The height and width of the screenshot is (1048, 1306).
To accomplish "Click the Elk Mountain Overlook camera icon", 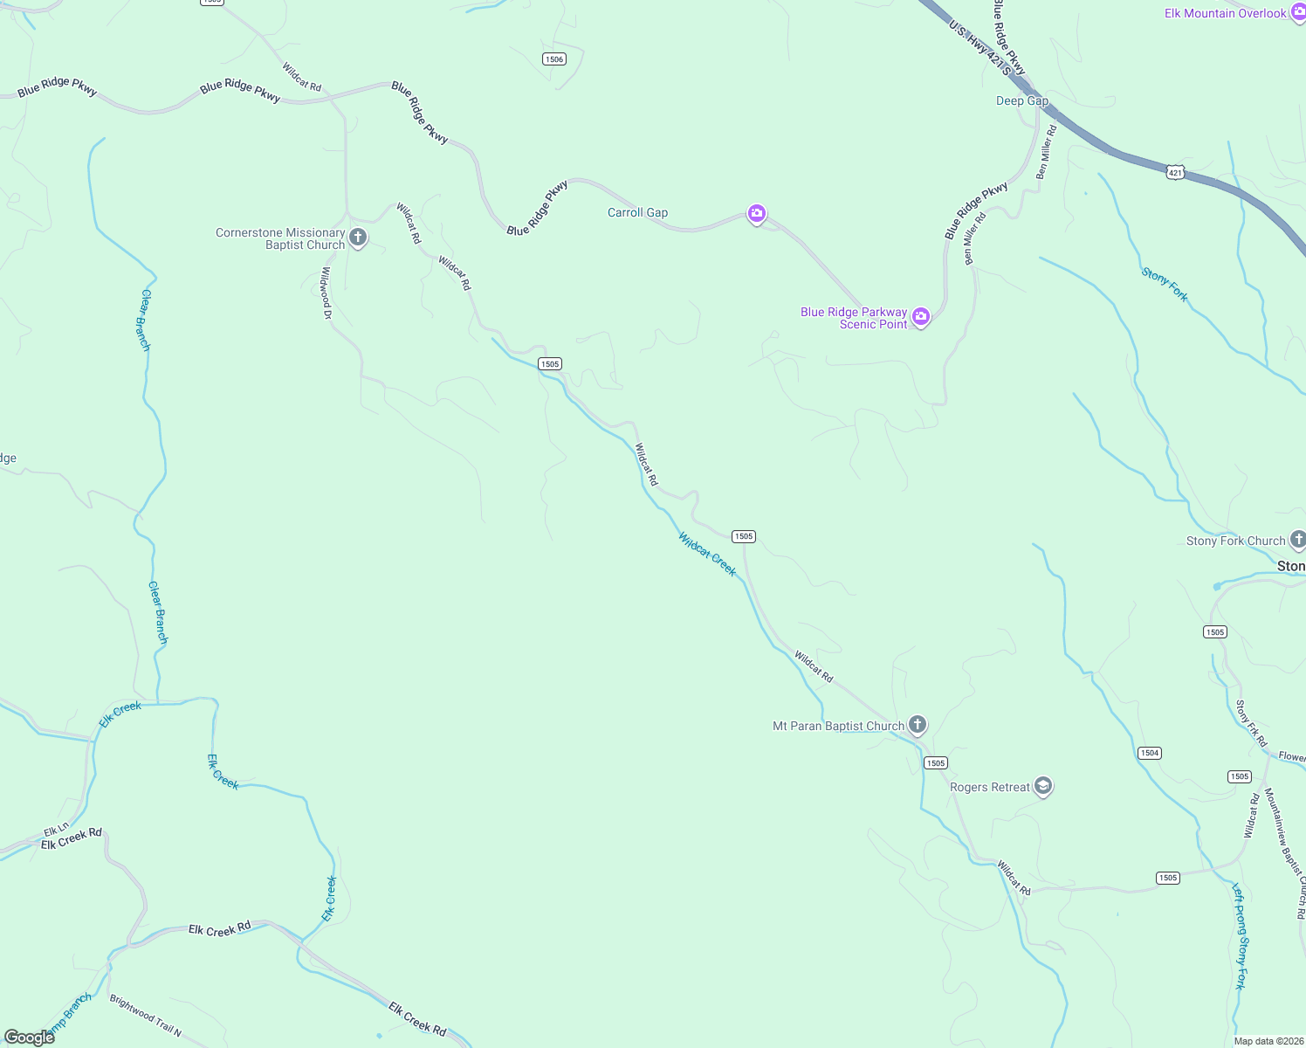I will [1298, 13].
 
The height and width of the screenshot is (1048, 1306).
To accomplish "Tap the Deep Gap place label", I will [1022, 100].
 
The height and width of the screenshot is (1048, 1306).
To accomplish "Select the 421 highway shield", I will [1175, 173].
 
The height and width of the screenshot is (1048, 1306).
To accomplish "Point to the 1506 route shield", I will [553, 59].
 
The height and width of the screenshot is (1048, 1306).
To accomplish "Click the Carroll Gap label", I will [637, 212].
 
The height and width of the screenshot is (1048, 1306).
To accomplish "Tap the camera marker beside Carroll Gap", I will [757, 213].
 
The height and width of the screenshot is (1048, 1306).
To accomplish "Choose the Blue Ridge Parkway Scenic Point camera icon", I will [920, 316].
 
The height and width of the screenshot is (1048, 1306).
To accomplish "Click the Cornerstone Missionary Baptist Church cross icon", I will [357, 237].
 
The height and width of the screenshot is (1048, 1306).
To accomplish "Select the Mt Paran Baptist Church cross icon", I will [917, 724].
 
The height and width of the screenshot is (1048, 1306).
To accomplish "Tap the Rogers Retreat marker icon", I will [1042, 786].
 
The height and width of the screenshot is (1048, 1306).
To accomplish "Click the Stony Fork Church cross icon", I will [1298, 541].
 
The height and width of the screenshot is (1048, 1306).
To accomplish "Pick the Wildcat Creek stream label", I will [707, 554].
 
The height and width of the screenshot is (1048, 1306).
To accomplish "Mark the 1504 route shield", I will [1150, 753].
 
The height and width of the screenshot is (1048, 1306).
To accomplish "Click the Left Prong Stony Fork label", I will [1240, 936].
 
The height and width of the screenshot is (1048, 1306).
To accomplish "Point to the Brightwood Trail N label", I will [146, 1016].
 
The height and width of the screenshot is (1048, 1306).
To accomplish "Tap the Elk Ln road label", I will [56, 830].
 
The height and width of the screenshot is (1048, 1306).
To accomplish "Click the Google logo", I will [30, 1038].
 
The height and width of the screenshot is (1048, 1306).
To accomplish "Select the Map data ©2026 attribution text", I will [1266, 1041].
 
